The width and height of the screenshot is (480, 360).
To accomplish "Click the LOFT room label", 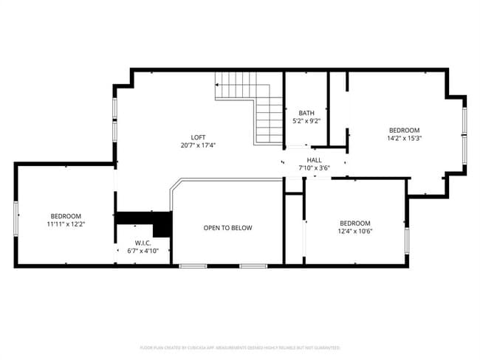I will [198, 136].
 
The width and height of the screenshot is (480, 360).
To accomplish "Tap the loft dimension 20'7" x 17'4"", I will [198, 145].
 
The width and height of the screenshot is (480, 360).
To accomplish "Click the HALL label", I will [315, 159].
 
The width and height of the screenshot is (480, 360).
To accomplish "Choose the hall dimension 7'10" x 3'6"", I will [315, 167].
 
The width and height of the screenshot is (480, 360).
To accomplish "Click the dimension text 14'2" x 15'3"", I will [404, 138].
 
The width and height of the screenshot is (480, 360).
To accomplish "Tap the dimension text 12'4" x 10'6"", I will [354, 232].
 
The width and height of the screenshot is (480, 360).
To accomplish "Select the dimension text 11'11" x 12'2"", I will [66, 224].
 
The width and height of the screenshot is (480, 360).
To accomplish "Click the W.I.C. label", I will [143, 243].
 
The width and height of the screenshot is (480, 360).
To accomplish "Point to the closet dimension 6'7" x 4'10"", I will [143, 251].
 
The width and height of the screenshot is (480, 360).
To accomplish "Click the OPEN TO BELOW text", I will [227, 228].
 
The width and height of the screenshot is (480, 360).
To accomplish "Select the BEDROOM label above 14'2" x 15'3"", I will [404, 130].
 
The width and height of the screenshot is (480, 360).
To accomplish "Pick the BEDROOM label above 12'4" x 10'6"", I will [354, 224].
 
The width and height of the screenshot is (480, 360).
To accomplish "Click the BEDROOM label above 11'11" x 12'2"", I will [66, 215].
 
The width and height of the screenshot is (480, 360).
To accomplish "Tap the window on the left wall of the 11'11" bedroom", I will [16, 215].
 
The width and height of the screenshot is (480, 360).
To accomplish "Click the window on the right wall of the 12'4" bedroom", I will [406, 240].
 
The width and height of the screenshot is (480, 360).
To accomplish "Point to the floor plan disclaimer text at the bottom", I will [239, 347].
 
